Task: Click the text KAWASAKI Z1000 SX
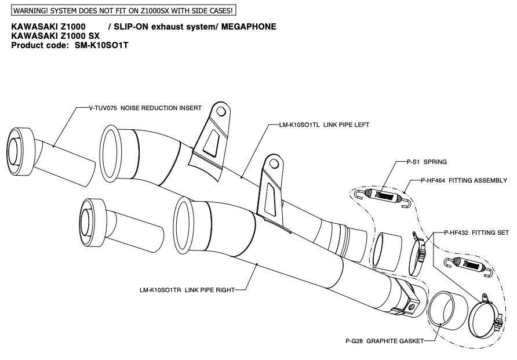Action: (56, 36)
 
